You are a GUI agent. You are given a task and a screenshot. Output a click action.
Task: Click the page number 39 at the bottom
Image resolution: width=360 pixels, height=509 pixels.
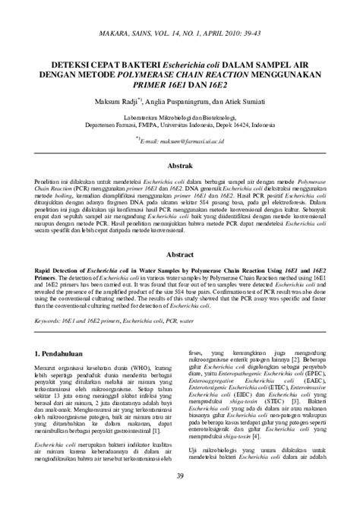coord(180,498)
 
